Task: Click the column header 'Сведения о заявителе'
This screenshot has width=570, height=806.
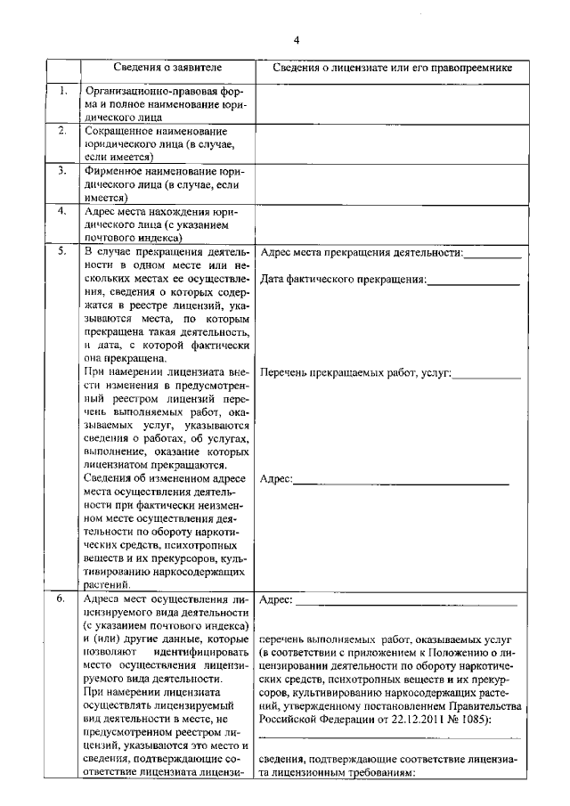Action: click(x=167, y=68)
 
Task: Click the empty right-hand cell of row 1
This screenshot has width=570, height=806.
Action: click(x=389, y=104)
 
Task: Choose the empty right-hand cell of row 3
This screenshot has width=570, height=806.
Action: click(x=389, y=184)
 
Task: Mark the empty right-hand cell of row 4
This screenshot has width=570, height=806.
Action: click(x=389, y=224)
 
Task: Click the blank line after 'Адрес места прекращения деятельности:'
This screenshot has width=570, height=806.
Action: click(x=493, y=256)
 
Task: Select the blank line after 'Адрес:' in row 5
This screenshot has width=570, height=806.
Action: click(x=401, y=484)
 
